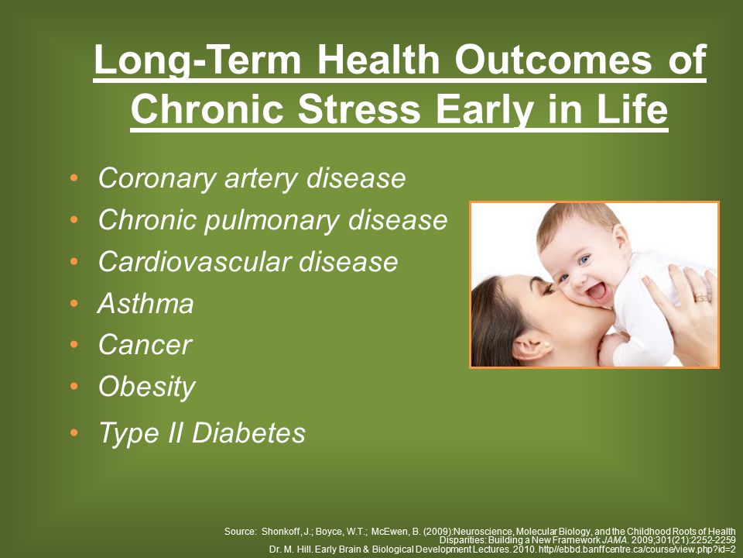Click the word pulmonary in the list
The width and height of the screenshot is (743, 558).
[271, 220]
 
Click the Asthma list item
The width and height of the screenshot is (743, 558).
[146, 303]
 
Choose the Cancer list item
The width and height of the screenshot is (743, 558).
[145, 344]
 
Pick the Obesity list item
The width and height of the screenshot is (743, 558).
[147, 387]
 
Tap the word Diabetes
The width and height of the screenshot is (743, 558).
[248, 432]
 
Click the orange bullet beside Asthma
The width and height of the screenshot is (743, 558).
[74, 303]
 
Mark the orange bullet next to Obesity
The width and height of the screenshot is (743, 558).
[74, 386]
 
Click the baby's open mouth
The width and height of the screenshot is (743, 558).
[597, 290]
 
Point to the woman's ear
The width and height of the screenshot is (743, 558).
[532, 346]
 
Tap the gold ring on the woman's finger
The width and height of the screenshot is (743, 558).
[702, 298]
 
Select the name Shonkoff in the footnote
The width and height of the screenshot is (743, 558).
[280, 532]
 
